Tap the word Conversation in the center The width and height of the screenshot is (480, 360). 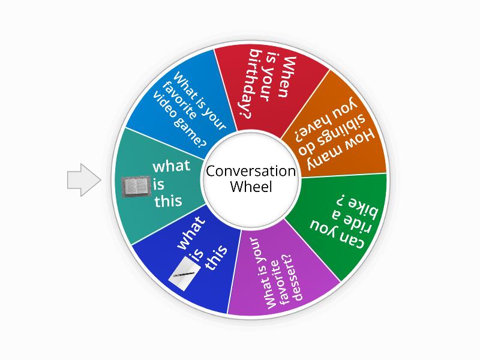point(251,172)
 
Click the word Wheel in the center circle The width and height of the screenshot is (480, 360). point(251,187)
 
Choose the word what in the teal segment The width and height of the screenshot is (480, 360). point(171,166)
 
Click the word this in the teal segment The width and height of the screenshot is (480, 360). point(168,201)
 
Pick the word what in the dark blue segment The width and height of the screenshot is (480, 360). point(191,232)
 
